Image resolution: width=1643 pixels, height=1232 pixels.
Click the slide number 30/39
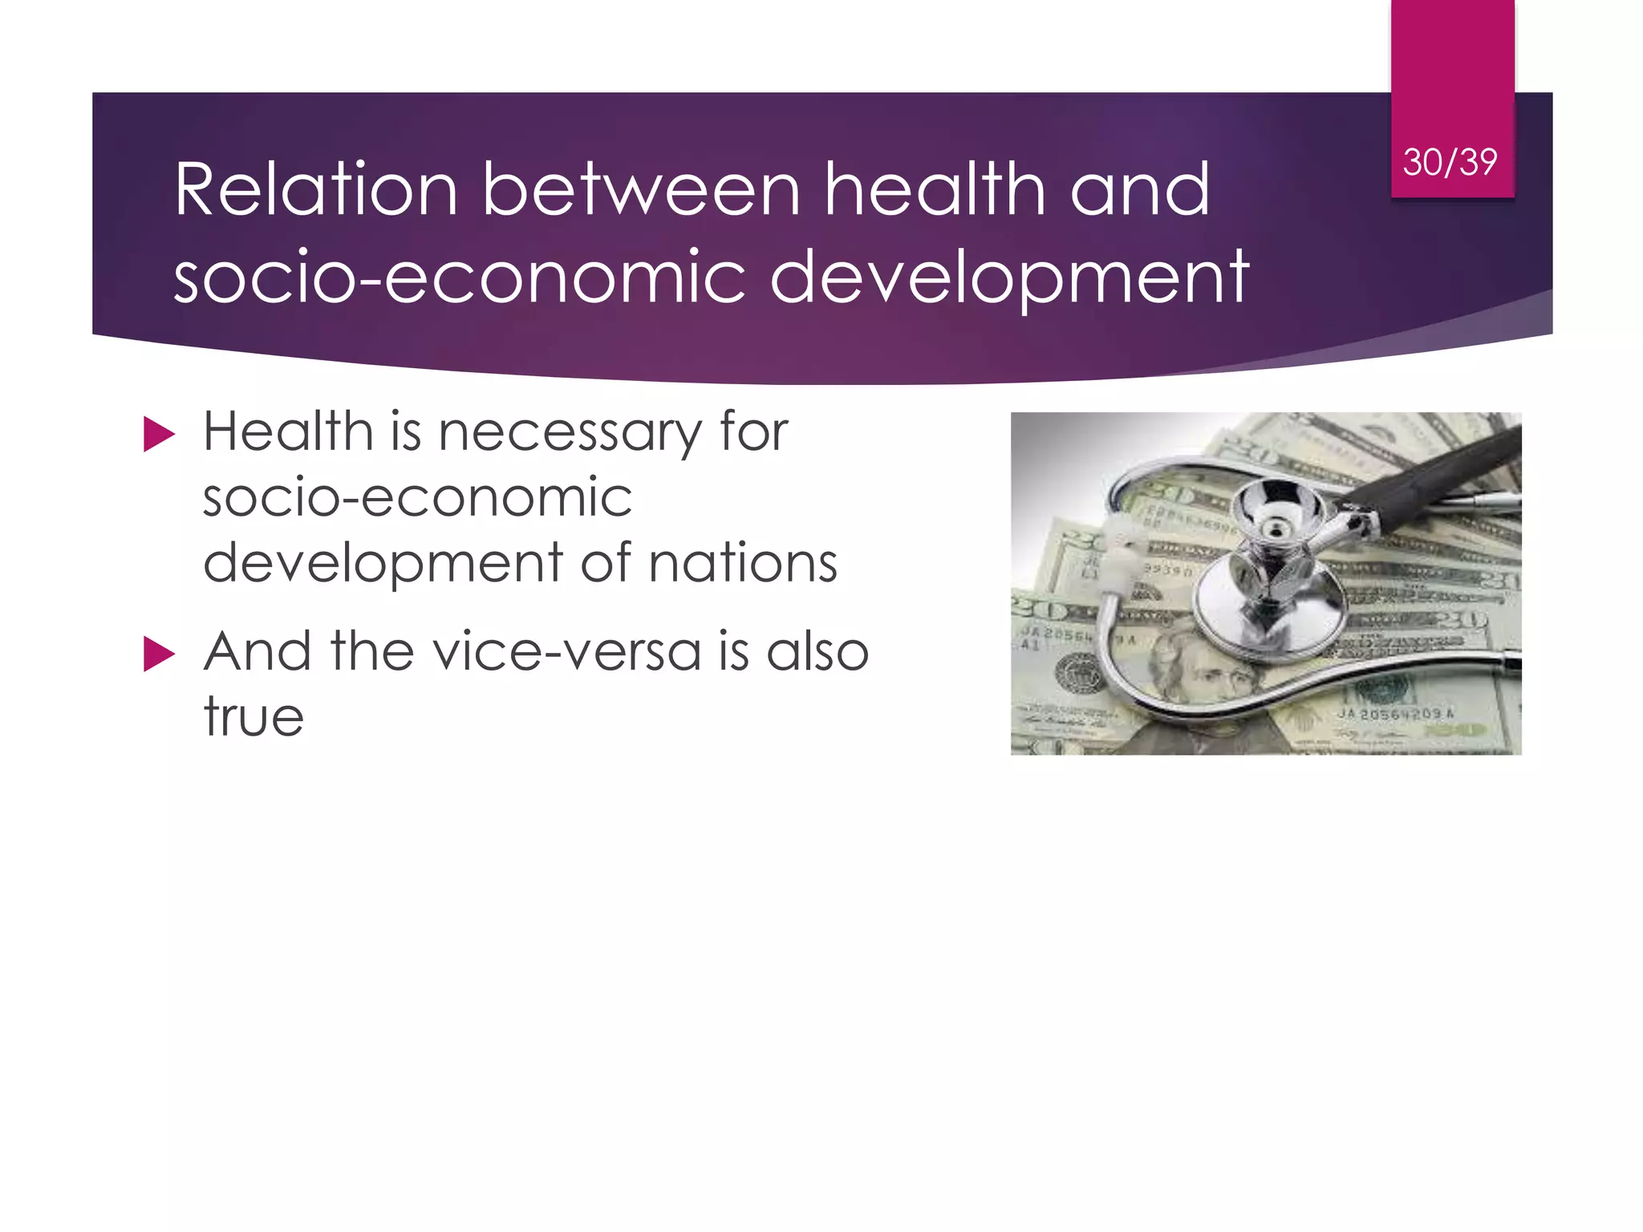(1450, 162)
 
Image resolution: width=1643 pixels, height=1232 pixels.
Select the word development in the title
(1008, 278)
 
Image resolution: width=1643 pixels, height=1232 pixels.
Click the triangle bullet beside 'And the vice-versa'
(159, 654)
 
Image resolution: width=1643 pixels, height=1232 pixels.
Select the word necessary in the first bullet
(570, 433)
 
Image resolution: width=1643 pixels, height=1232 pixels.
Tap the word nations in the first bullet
(743, 563)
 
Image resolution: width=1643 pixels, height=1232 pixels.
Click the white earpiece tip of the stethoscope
(1119, 553)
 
